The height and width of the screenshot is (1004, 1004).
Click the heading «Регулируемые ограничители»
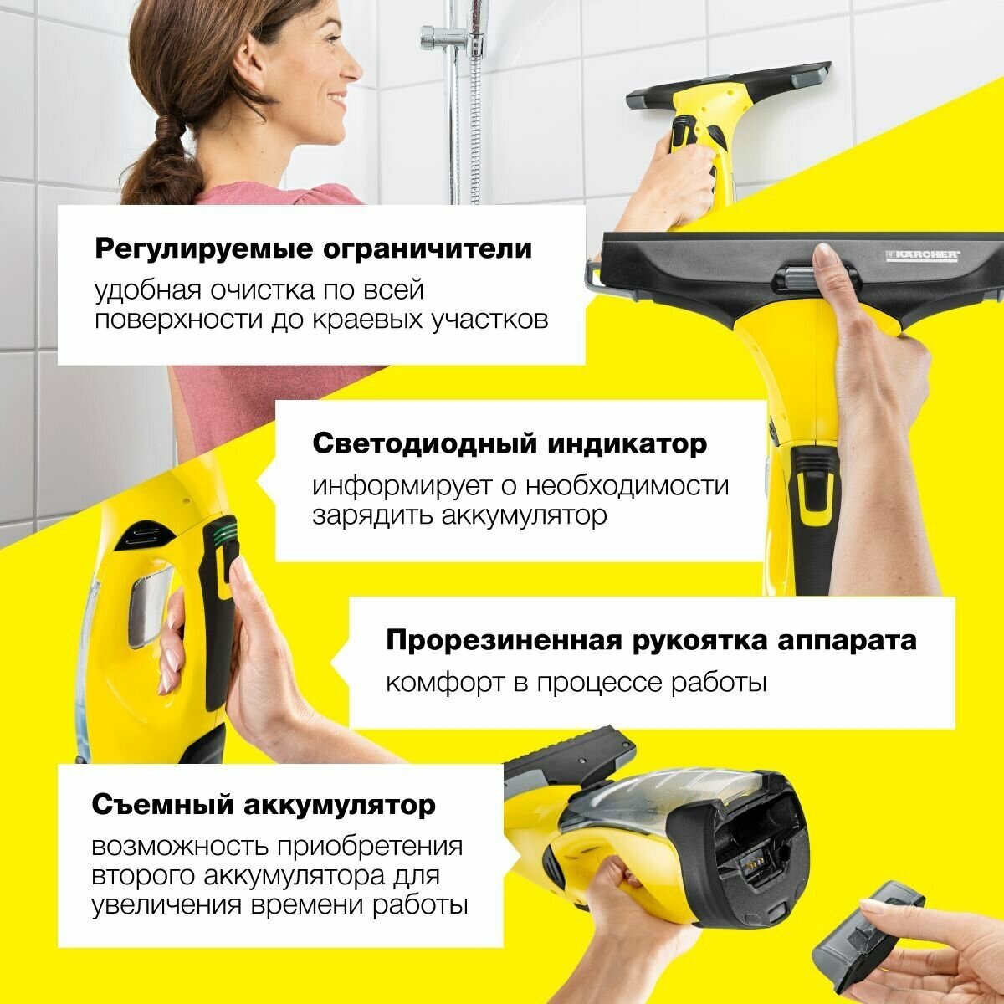(313, 249)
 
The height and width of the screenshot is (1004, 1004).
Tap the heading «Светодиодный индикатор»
(510, 444)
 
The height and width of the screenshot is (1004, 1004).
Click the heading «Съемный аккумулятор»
(264, 805)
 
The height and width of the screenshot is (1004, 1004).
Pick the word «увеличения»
(167, 905)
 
